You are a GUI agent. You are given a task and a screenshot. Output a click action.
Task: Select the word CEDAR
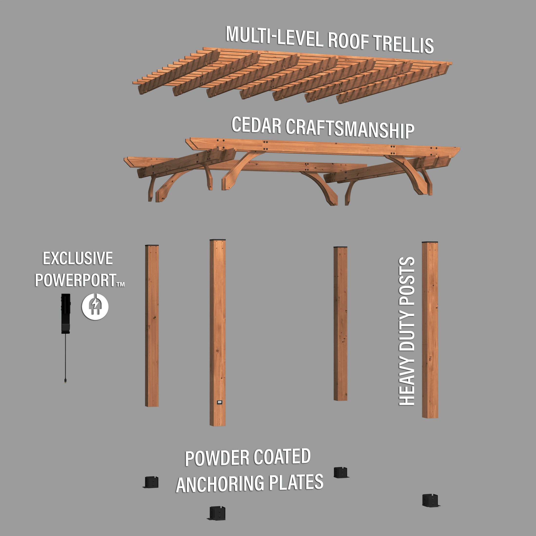click(256, 125)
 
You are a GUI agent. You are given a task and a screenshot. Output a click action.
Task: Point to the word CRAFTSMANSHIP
click(350, 129)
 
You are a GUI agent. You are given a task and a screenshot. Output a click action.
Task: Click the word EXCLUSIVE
click(78, 258)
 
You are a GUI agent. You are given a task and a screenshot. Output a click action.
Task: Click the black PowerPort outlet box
click(66, 314)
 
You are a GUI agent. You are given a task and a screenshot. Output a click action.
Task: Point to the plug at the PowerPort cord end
click(66, 381)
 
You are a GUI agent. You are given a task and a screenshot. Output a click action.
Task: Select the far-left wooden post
click(152, 326)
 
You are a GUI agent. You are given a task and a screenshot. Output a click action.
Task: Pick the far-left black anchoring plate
click(151, 482)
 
